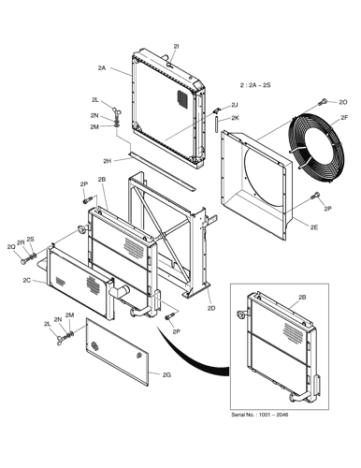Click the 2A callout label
102,67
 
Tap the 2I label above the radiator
176,46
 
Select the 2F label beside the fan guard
344,118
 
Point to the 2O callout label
343,102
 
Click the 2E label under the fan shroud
314,227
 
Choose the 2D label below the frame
211,308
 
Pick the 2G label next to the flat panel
166,374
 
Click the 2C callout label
27,280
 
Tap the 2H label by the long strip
108,161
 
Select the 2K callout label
235,118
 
